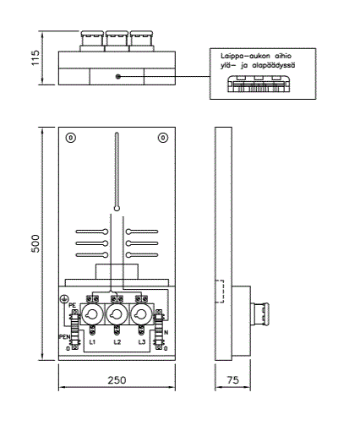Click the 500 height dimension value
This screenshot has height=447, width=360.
click(35, 243)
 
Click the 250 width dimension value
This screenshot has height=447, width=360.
click(117, 380)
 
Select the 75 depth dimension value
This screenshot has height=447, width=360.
click(233, 380)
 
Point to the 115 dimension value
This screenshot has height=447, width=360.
click(35, 57)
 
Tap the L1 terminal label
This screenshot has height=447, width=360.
click(92, 342)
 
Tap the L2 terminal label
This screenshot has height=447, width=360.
click(117, 342)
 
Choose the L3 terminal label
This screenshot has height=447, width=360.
click(142, 342)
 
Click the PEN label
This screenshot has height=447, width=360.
click(64, 336)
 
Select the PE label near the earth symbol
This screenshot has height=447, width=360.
click(73, 305)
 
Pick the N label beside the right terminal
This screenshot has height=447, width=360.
click(166, 332)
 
